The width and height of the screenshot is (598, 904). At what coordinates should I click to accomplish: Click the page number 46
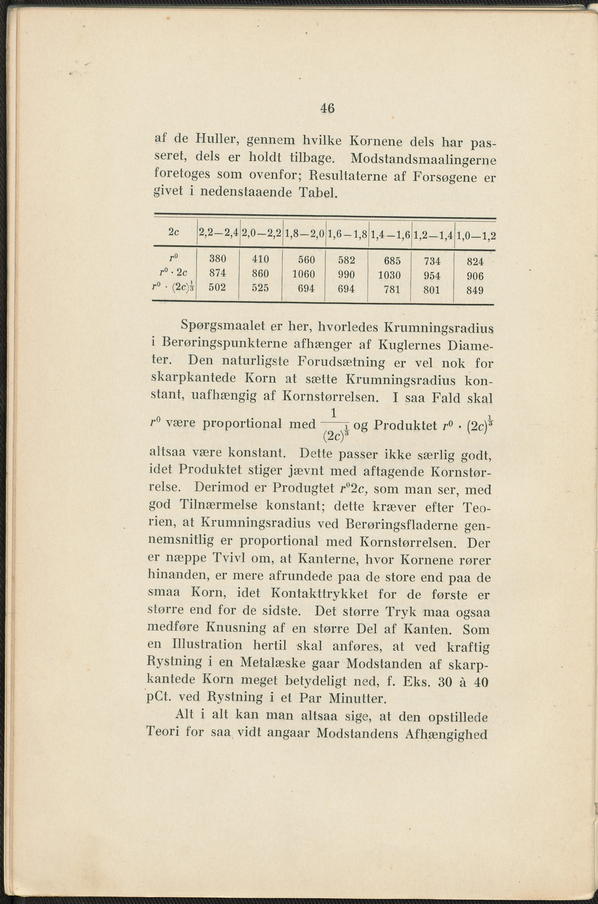[x=327, y=109]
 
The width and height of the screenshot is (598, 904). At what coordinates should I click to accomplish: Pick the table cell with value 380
[x=218, y=259]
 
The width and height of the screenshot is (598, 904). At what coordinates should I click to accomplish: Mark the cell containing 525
[x=261, y=288]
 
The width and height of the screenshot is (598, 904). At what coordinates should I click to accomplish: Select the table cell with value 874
[x=218, y=273]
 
